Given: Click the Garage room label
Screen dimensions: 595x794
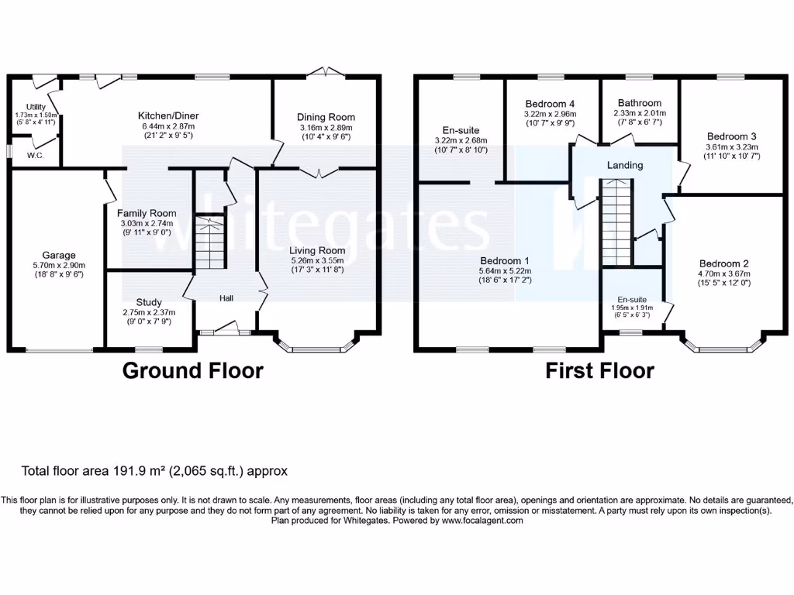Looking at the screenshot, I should click(59, 255).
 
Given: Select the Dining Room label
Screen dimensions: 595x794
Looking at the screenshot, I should click(326, 117).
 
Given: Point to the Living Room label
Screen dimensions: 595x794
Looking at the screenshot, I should click(317, 250).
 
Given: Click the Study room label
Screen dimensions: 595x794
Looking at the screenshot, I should click(149, 302).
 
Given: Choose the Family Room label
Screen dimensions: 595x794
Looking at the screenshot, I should click(147, 213).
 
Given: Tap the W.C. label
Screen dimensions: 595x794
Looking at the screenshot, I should click(35, 155).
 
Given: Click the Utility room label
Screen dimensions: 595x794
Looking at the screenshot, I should click(36, 107).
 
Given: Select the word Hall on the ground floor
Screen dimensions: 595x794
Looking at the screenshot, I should click(226, 298).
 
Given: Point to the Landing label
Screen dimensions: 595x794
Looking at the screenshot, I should click(624, 165).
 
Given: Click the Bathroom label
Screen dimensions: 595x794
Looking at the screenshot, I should click(640, 103).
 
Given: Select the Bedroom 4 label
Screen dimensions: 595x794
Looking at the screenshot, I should click(550, 104).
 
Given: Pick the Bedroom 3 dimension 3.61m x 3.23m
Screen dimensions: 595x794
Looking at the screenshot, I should click(732, 146).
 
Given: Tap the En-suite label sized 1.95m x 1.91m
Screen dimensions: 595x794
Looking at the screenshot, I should click(632, 299).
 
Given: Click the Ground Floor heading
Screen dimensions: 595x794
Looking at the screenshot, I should click(193, 370).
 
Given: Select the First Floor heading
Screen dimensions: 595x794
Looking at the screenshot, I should click(599, 370).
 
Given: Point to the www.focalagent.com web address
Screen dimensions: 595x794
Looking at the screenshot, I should click(482, 521).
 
